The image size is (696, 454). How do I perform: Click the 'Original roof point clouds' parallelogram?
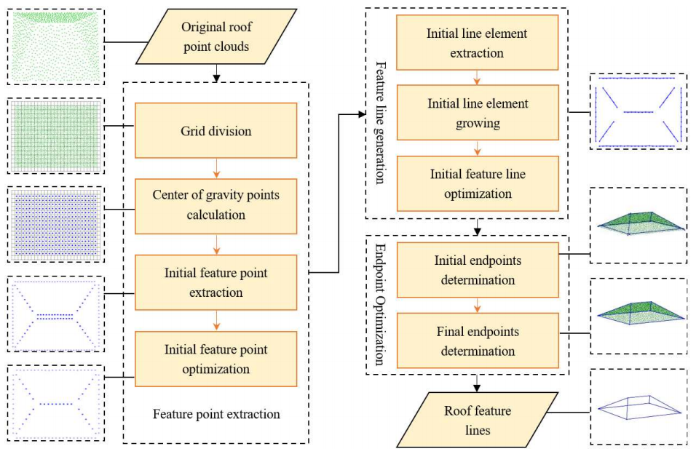(216, 36)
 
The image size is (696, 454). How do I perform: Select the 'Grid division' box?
(216, 130)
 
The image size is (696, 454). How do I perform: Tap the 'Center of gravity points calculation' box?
(216, 207)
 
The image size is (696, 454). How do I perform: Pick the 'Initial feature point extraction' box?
(216, 282)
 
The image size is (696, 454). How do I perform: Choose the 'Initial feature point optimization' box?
(216, 359)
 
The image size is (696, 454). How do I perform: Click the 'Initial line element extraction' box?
(477, 43)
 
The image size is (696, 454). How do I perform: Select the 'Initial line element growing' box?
(478, 113)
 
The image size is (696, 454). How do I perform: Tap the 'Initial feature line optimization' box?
(478, 184)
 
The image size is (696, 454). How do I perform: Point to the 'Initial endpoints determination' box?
(478, 270)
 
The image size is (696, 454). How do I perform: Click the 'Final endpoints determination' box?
(478, 340)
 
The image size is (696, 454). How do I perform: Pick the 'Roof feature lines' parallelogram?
(477, 420)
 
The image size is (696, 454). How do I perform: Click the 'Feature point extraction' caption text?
(216, 414)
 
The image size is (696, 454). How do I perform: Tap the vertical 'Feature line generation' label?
(380, 122)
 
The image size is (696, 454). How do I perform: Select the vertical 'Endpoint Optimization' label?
(380, 304)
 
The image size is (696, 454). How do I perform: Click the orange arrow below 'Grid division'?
(216, 169)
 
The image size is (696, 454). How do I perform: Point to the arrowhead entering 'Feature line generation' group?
(363, 115)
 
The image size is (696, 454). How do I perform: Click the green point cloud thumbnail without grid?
(56, 47)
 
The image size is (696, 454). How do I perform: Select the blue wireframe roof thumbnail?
(638, 407)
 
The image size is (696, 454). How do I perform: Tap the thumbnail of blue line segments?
(638, 112)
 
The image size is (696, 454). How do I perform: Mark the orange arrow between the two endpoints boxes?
(477, 306)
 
